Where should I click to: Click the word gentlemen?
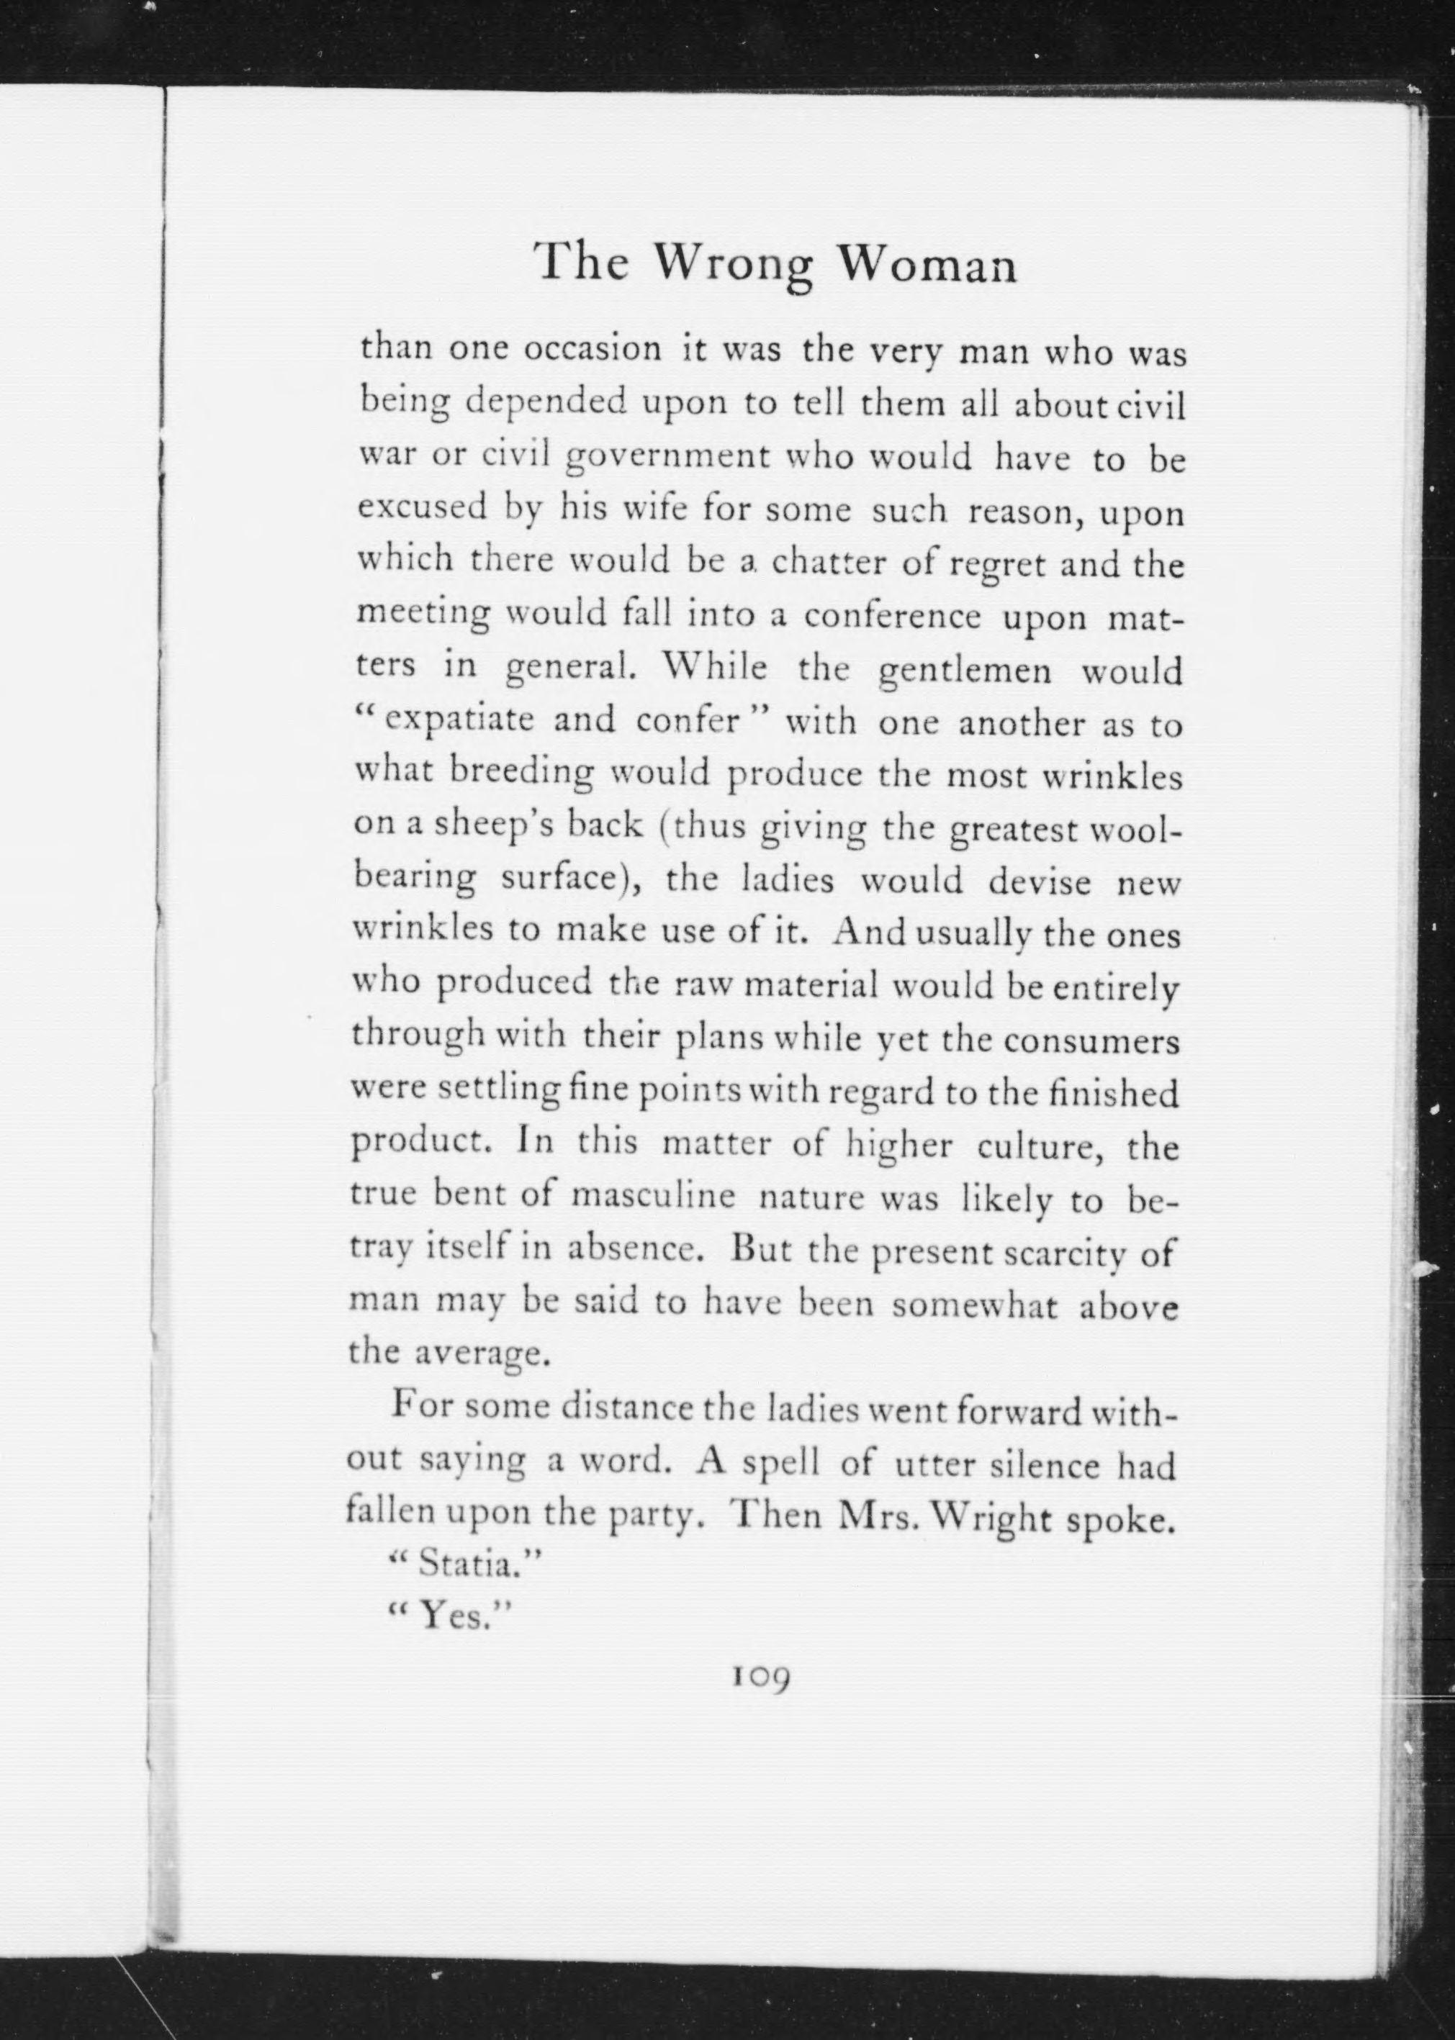tap(965, 671)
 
